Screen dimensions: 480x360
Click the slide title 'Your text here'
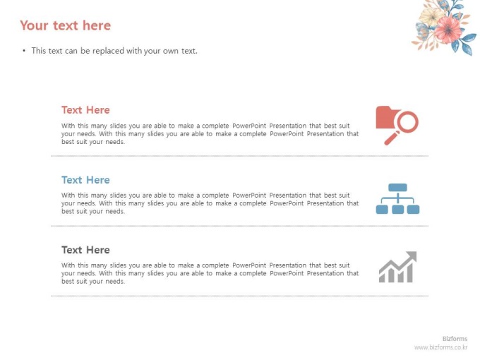(65, 25)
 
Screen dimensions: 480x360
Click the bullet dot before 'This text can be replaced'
(24, 51)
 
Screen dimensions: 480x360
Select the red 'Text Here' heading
(85, 110)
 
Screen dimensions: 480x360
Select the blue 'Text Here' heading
(85, 180)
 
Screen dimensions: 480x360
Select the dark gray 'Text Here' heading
(85, 250)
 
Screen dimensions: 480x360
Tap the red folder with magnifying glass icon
(397, 126)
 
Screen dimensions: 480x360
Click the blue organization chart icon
(397, 198)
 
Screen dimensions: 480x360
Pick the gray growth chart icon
(397, 267)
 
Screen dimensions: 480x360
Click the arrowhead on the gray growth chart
(412, 256)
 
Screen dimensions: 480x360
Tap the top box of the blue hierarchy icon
(397, 187)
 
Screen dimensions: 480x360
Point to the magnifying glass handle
(390, 138)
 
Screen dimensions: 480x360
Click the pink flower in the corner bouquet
(448, 29)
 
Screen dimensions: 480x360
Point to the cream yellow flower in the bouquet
(431, 16)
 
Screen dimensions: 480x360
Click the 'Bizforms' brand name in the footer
(455, 339)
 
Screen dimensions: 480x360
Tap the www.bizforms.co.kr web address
(440, 347)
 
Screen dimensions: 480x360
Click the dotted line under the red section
(240, 156)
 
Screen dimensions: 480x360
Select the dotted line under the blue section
(240, 226)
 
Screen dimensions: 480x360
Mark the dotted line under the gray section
(240, 296)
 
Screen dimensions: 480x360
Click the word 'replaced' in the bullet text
(109, 51)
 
